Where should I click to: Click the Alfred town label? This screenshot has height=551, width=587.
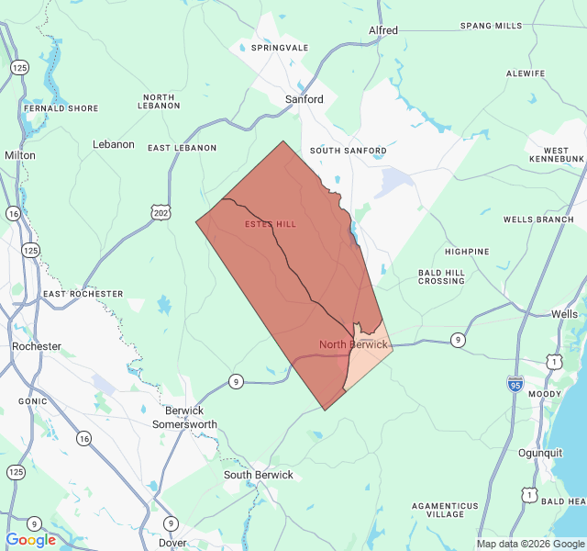point(383,30)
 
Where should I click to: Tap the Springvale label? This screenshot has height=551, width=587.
point(280,47)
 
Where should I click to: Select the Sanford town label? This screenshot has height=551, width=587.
point(304,99)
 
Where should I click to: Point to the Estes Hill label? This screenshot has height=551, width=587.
point(271,224)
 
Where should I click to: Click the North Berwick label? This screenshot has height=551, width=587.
point(353,344)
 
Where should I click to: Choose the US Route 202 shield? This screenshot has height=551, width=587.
point(161,213)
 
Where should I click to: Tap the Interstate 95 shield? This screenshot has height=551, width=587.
point(515,383)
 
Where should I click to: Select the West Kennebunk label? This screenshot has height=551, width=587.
point(556,155)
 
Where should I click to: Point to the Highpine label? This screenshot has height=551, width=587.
point(467,251)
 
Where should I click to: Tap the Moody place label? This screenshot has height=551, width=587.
point(545,394)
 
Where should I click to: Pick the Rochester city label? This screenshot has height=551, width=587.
point(37,346)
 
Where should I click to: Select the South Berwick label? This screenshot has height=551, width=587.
point(259,475)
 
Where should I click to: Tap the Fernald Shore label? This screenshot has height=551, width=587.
point(61,108)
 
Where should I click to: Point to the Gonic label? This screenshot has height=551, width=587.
point(32,401)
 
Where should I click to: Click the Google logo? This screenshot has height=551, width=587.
point(31,540)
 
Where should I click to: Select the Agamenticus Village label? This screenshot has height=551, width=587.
point(445,510)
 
